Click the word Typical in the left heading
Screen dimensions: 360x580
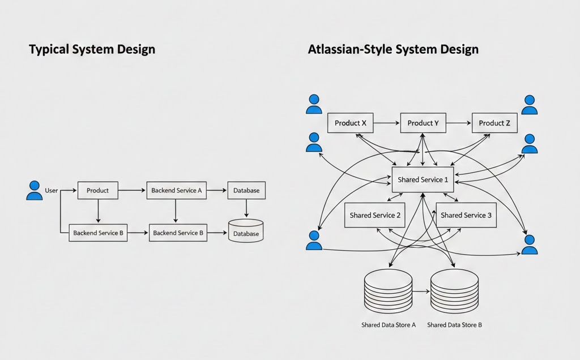(x=50, y=50)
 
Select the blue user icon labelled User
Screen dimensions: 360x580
(x=35, y=190)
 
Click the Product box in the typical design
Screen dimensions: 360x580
(x=97, y=191)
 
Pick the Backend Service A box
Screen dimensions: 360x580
(x=177, y=191)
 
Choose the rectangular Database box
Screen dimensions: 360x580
(x=246, y=191)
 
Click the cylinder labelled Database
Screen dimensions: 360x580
(x=246, y=231)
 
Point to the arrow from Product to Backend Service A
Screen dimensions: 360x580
(x=132, y=191)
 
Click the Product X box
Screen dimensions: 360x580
(x=351, y=123)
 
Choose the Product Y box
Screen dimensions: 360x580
(x=423, y=123)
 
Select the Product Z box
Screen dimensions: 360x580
(x=494, y=123)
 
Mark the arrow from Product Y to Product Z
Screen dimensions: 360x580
(x=459, y=123)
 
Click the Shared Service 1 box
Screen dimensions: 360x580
(x=423, y=180)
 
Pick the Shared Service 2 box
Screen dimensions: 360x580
(x=375, y=215)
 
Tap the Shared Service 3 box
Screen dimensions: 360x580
(x=466, y=215)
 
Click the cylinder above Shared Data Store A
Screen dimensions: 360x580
(x=388, y=290)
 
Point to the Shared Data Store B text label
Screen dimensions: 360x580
(x=454, y=325)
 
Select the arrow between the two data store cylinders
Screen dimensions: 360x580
(x=421, y=292)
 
